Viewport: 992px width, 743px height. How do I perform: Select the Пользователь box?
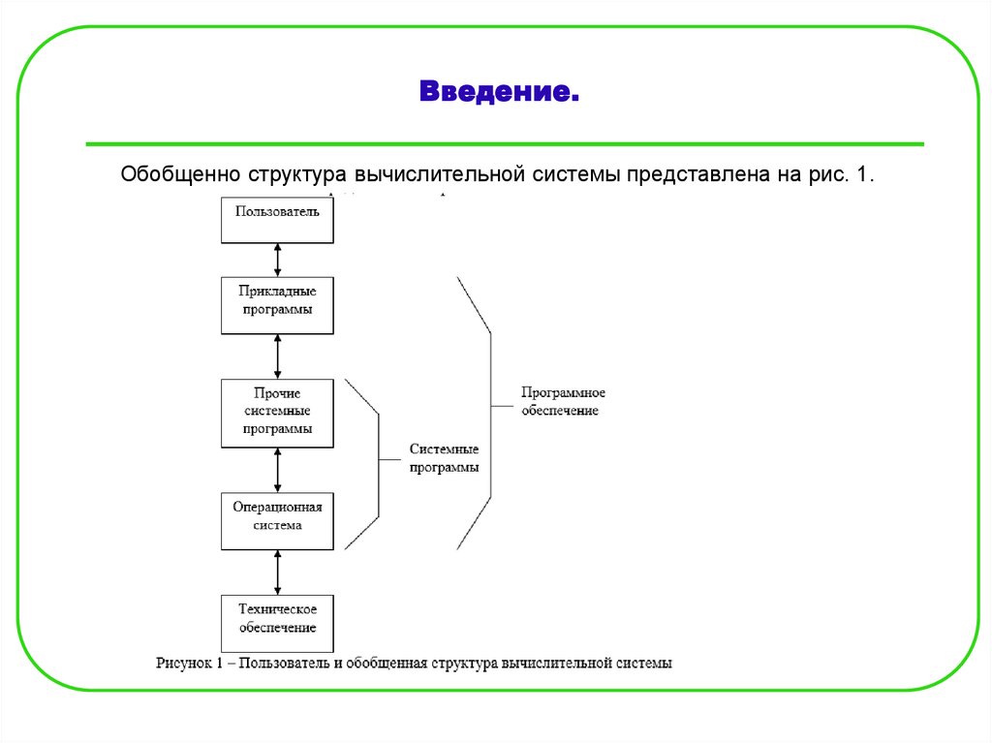(277, 213)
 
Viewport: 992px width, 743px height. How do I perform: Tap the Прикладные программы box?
(277, 299)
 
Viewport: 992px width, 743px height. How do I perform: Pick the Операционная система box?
(277, 515)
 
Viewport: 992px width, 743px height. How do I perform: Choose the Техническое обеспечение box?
(277, 618)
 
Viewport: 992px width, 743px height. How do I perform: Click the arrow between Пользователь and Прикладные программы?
(278, 259)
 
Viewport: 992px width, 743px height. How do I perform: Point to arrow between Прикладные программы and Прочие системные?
(278, 356)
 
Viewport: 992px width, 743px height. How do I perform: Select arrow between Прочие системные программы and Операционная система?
(278, 471)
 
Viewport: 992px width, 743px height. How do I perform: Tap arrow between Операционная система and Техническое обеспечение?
(278, 573)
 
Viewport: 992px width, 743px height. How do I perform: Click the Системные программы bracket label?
(444, 458)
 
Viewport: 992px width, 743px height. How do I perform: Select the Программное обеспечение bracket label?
(562, 401)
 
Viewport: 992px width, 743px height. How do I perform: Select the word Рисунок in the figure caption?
(183, 664)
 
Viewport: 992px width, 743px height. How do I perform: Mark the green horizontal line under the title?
(504, 144)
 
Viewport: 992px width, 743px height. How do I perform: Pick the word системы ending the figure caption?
(643, 664)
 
